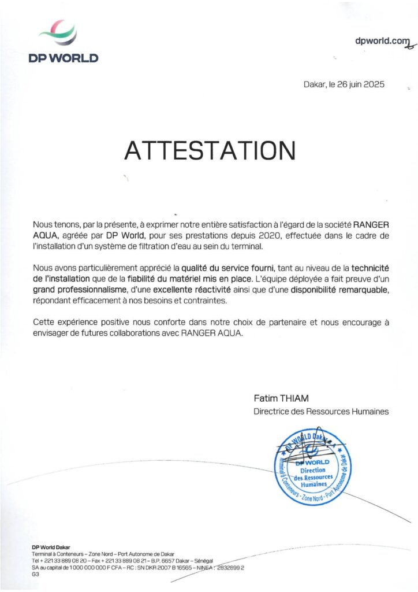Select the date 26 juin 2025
point(361,84)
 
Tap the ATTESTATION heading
point(210,150)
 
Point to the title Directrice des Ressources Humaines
point(321,412)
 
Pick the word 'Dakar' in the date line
point(314,84)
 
